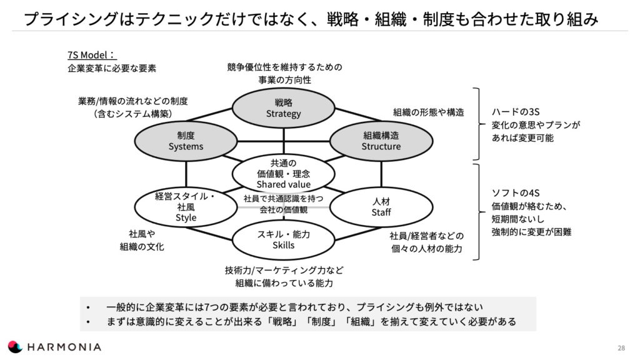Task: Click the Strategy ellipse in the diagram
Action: coord(283,108)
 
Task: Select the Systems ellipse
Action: coord(186,141)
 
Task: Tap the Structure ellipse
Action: coord(381,141)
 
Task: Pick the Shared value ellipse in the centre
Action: coord(283,174)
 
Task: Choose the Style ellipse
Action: coord(186,207)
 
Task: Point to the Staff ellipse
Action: coord(381,207)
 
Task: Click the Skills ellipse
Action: coord(283,239)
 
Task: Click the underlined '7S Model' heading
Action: coord(92,55)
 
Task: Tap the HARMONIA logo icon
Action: coord(15,346)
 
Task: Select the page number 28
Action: coord(621,348)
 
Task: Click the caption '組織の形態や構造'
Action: coord(429,112)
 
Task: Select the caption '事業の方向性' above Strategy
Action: coord(284,80)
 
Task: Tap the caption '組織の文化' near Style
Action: coord(142,246)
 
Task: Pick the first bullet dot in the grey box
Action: coord(88,307)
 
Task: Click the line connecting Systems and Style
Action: coord(186,174)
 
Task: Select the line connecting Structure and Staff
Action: coord(381,174)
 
